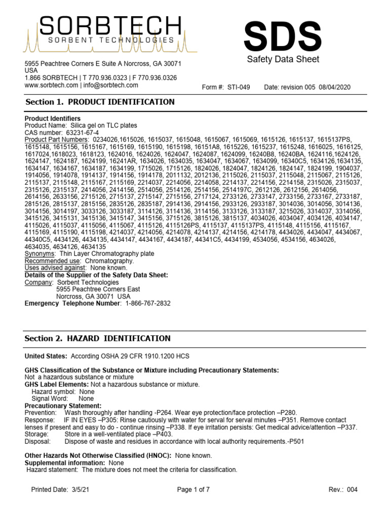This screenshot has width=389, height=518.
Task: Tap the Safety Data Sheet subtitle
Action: (283, 60)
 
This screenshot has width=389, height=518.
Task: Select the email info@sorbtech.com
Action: (109, 85)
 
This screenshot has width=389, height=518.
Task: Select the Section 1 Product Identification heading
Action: (100, 102)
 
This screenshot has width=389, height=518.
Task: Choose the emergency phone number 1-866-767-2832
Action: (144, 304)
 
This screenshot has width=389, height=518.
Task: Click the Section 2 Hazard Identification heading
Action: (98, 338)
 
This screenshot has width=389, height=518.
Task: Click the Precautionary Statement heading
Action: (63, 406)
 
